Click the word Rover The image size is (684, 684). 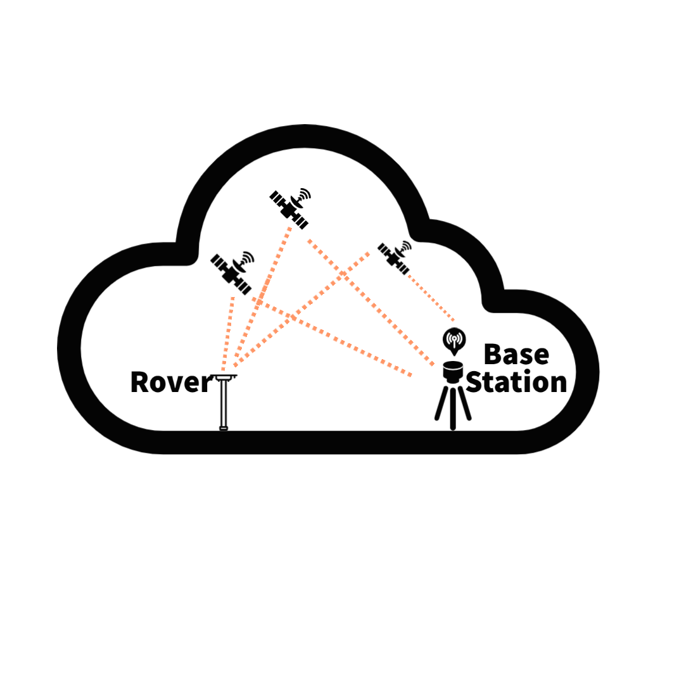(x=170, y=382)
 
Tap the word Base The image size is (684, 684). (x=516, y=355)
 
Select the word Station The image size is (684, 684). (x=516, y=383)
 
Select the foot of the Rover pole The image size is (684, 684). (x=223, y=429)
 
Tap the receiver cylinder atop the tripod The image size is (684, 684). (x=453, y=371)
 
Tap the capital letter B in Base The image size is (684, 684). (x=491, y=355)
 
